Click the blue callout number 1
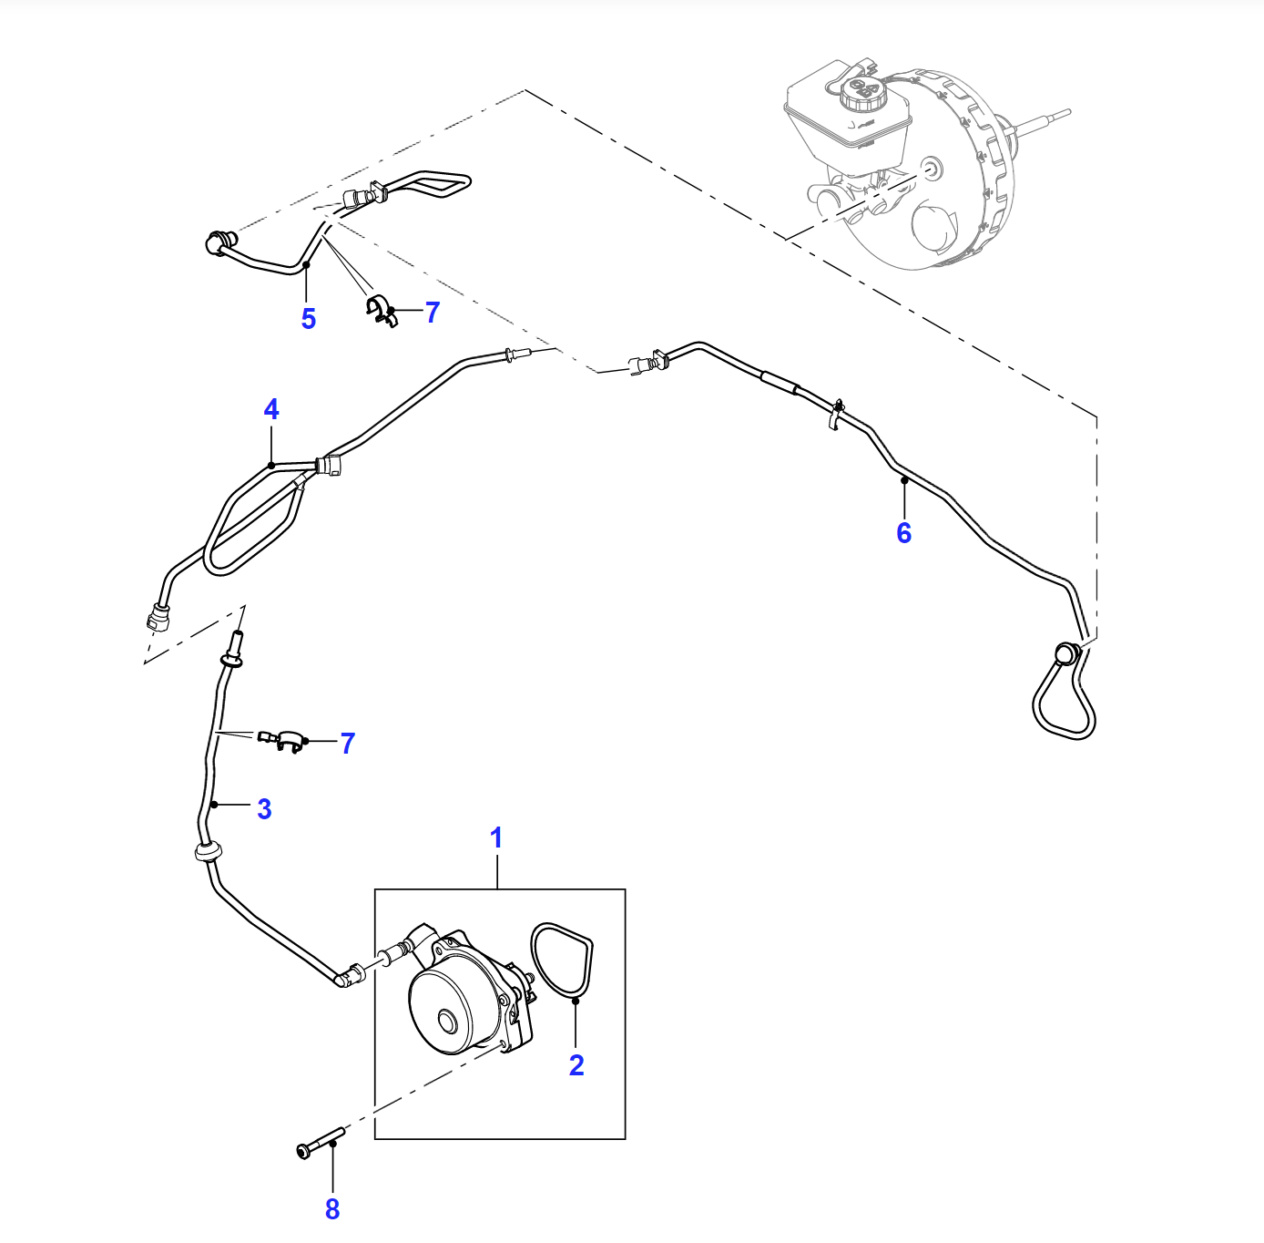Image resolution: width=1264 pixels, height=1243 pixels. [496, 837]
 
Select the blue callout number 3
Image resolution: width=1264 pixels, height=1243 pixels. [264, 809]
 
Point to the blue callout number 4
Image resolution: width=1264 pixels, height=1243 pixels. [270, 409]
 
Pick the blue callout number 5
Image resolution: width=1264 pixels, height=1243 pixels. [309, 319]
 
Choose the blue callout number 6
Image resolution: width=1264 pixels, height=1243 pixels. [904, 532]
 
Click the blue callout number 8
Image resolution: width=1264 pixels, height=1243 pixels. [332, 1209]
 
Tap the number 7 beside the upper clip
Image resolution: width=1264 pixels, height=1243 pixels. [433, 313]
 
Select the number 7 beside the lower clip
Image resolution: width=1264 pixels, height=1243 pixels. [348, 744]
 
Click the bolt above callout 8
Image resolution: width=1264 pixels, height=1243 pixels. [321, 1143]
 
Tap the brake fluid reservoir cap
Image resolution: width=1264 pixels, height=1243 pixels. [862, 94]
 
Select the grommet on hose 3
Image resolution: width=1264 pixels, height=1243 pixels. [209, 851]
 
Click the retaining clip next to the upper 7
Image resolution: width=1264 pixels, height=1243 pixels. [381, 312]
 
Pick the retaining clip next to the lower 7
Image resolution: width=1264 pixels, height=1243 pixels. [282, 739]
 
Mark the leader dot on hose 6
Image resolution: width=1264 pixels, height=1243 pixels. [904, 480]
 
